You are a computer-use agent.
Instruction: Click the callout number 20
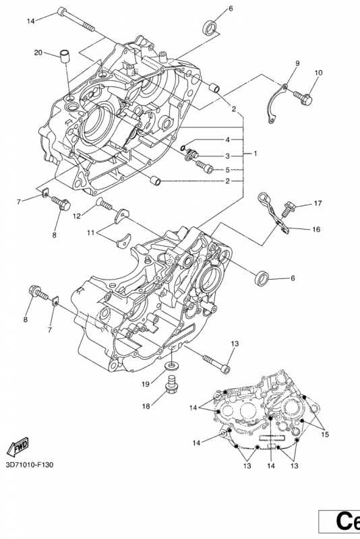click(x=38, y=53)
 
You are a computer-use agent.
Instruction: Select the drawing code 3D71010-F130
click(x=30, y=465)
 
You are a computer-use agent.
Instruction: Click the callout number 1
click(x=255, y=154)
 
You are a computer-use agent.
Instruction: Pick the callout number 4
click(x=227, y=140)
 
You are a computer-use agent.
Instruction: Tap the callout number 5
click(x=227, y=170)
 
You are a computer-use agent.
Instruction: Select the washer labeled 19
click(x=171, y=366)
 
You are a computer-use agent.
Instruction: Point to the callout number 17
click(x=318, y=203)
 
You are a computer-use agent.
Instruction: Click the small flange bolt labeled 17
click(x=288, y=209)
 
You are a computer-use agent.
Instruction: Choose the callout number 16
click(x=316, y=229)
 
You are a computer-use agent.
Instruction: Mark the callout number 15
click(x=325, y=435)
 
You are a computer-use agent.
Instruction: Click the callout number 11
click(x=90, y=232)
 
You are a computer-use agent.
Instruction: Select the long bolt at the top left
click(x=76, y=20)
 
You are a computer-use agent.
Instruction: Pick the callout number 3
click(x=227, y=156)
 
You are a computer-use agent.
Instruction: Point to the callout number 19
click(x=146, y=384)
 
